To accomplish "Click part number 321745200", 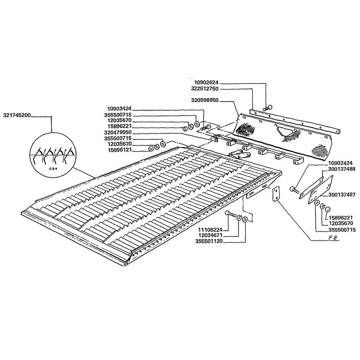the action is [17, 116].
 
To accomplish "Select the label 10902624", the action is [206, 82].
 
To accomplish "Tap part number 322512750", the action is [205, 88].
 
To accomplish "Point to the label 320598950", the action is [205, 100].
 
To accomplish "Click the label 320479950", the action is [118, 132].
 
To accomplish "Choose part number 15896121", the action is [119, 150].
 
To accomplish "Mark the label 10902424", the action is [340, 163].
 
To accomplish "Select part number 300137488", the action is [342, 169].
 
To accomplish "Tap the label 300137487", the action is [342, 195].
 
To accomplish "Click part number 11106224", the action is [211, 229].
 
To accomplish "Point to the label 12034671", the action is [211, 235].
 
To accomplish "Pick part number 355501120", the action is [209, 241].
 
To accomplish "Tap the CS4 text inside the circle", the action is [52, 168].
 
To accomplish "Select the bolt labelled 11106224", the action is [231, 214].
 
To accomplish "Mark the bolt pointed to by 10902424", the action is [294, 189].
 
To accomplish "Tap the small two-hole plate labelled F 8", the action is [276, 194].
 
